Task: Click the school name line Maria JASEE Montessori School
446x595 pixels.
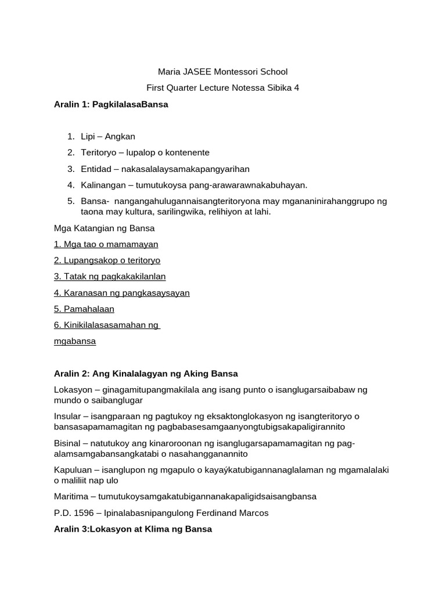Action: click(223, 72)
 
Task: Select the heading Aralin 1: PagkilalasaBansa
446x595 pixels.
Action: click(111, 105)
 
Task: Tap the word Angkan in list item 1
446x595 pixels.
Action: click(121, 137)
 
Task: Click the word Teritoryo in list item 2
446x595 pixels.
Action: click(99, 153)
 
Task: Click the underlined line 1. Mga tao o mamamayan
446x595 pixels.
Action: click(106, 245)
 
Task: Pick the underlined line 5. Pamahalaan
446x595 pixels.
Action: click(84, 309)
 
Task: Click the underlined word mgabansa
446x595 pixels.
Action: click(75, 342)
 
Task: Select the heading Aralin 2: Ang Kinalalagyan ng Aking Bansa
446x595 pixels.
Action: click(146, 374)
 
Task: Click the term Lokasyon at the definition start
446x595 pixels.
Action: click(71, 390)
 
